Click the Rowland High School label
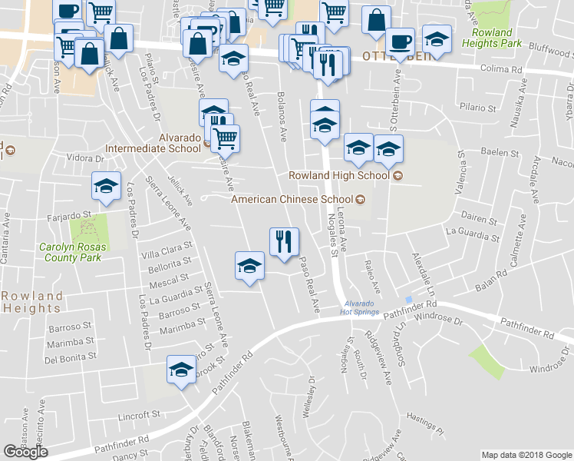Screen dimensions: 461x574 (x=339, y=175)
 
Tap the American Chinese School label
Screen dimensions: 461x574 (x=293, y=199)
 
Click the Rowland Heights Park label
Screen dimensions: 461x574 (x=493, y=38)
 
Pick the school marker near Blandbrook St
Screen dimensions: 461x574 (x=181, y=370)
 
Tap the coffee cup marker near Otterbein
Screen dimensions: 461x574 (x=399, y=41)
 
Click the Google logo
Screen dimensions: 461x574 (x=25, y=452)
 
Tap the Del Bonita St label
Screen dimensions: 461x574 (x=71, y=357)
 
